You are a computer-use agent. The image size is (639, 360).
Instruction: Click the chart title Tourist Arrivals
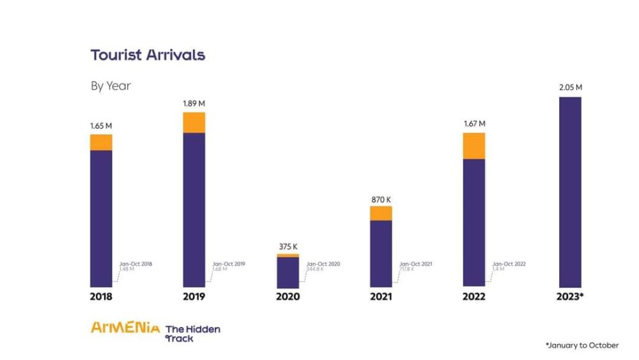tap(148, 55)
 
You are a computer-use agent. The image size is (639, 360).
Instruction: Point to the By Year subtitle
tap(111, 86)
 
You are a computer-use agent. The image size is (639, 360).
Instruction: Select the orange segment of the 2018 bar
tap(101, 142)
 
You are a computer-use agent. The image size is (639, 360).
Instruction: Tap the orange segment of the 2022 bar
tap(474, 146)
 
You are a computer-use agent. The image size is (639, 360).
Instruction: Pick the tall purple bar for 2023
tap(570, 192)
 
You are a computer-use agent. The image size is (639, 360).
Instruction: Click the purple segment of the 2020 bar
tap(288, 272)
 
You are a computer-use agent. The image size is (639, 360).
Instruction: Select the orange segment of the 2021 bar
tap(381, 213)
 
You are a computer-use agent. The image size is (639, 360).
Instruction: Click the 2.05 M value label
tap(570, 88)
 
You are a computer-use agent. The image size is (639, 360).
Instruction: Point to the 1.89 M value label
tap(194, 103)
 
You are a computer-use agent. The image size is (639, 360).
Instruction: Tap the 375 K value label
tap(288, 246)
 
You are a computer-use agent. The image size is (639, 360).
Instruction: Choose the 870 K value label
tap(381, 199)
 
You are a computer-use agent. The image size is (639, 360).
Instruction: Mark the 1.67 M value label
tap(474, 123)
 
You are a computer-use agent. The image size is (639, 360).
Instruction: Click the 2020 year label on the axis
tap(288, 297)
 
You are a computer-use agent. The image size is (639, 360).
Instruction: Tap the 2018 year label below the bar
tap(101, 297)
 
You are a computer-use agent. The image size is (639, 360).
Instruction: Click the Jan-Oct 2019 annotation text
tap(229, 264)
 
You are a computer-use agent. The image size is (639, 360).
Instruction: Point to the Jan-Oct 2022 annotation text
tap(509, 264)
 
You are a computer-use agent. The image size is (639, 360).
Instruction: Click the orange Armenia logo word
tap(125, 328)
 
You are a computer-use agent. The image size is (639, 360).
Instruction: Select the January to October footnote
tap(582, 345)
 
